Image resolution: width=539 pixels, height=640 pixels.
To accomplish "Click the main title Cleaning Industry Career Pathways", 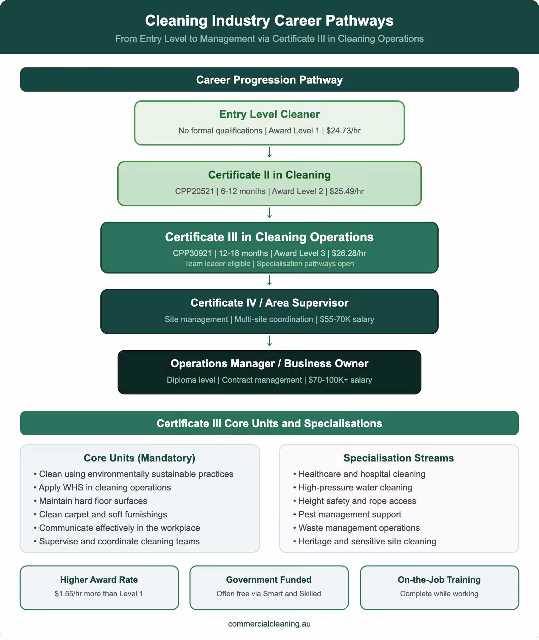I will point(269,21).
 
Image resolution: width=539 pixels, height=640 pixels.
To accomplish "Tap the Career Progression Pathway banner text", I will point(269,80).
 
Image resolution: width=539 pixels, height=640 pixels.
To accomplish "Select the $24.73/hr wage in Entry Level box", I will point(343,131).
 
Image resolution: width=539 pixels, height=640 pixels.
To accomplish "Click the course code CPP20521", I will point(194,191).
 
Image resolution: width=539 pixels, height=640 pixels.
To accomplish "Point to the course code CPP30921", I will point(192,253).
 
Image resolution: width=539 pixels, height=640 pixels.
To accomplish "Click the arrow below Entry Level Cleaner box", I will point(269,153).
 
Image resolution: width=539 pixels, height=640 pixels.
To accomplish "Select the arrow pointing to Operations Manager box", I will point(269,341).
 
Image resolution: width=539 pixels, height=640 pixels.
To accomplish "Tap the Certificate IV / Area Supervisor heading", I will point(269,303).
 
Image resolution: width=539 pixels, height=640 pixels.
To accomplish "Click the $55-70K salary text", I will point(347,319).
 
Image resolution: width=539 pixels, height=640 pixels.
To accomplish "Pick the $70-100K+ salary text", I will point(340,380).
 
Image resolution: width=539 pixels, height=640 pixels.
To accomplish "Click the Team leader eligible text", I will point(217,264).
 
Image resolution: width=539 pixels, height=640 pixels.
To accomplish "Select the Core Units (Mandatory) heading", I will point(139,458).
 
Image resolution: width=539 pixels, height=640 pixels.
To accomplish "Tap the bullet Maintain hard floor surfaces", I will point(93,501).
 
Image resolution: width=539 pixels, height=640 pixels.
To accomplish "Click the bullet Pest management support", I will point(350,514).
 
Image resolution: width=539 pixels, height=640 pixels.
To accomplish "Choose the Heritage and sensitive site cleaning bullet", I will point(367,541).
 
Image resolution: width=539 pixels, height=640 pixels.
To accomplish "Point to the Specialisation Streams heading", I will point(399,458).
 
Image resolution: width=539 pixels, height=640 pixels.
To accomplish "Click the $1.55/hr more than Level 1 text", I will point(99,594).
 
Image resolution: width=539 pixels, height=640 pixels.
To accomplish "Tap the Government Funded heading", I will point(268,580).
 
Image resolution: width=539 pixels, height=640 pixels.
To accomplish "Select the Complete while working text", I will point(439,594).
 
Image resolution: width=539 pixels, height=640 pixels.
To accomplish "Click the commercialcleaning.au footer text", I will point(269,624).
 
